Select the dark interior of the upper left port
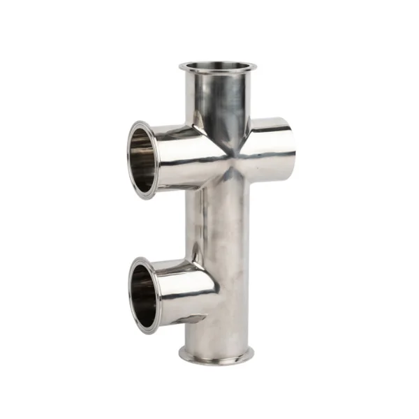point(142,160)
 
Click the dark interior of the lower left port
point(143,294)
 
